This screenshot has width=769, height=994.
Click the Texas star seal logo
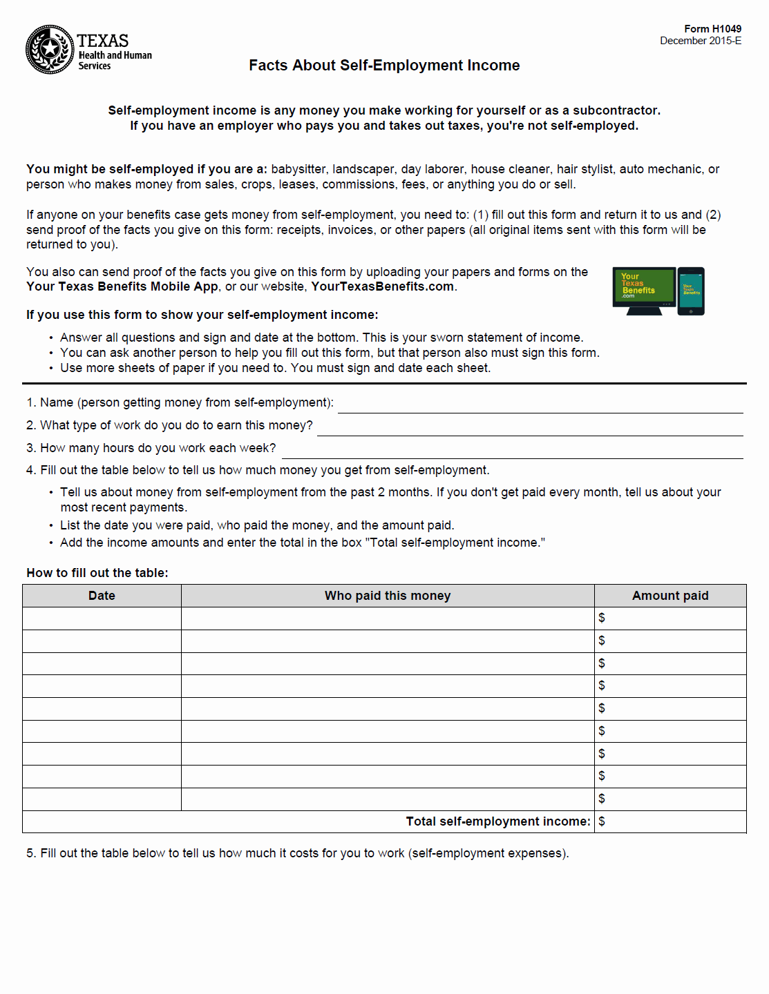point(50,50)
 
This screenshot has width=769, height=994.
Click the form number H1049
point(712,29)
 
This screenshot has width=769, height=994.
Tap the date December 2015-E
point(700,41)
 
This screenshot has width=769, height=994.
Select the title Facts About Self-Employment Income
point(384,66)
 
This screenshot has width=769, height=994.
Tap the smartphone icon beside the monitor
point(691,291)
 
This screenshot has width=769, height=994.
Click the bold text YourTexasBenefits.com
point(382,286)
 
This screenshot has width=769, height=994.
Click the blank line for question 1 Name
point(540,406)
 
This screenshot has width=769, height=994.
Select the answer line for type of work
point(529,429)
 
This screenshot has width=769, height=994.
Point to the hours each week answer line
point(512,451)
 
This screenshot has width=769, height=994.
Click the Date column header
point(102,596)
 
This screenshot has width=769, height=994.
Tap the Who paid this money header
point(388,596)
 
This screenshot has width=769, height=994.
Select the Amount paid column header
point(670,596)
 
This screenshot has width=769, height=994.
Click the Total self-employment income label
point(497,821)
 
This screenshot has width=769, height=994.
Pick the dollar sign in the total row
point(602,821)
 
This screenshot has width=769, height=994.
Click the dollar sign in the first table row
point(602,618)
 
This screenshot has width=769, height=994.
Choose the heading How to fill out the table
point(97,573)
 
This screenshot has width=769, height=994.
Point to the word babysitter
point(298,169)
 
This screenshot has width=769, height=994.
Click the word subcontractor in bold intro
point(616,110)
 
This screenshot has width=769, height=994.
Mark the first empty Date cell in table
point(102,618)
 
